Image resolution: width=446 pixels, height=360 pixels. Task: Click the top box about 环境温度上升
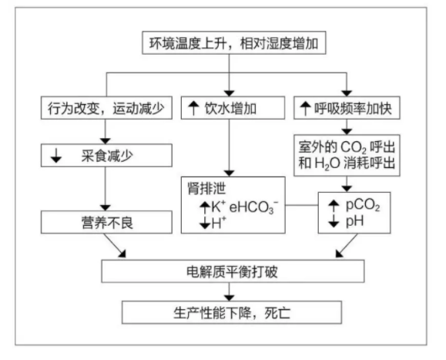click(234, 43)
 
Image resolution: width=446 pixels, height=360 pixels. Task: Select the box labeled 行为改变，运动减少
click(106, 108)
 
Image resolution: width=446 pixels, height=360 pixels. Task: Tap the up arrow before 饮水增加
click(193, 108)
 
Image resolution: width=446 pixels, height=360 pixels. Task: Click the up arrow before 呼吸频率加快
click(305, 109)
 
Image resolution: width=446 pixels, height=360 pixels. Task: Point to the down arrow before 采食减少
click(56, 156)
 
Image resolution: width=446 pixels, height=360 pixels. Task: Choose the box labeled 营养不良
click(106, 222)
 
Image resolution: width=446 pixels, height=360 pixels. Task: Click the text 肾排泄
click(206, 188)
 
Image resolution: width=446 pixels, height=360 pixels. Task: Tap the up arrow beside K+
click(205, 207)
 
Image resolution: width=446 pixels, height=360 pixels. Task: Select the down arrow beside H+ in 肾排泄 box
click(205, 223)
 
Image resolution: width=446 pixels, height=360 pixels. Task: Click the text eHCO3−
click(253, 207)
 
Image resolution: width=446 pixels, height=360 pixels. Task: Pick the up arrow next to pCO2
click(334, 206)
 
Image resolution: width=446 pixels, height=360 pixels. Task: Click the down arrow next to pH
click(334, 221)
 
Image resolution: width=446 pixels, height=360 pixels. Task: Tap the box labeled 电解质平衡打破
click(233, 271)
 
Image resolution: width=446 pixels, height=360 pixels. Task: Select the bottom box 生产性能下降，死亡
click(232, 312)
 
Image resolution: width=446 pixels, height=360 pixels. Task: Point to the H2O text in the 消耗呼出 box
click(327, 163)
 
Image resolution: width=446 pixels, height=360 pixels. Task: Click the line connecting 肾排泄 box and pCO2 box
click(302, 205)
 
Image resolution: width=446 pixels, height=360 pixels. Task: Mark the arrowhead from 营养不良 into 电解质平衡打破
click(122, 254)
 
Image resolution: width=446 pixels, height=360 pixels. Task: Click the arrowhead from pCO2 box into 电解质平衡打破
click(339, 254)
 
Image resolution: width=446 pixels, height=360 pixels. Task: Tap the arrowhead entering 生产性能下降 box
click(230, 298)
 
